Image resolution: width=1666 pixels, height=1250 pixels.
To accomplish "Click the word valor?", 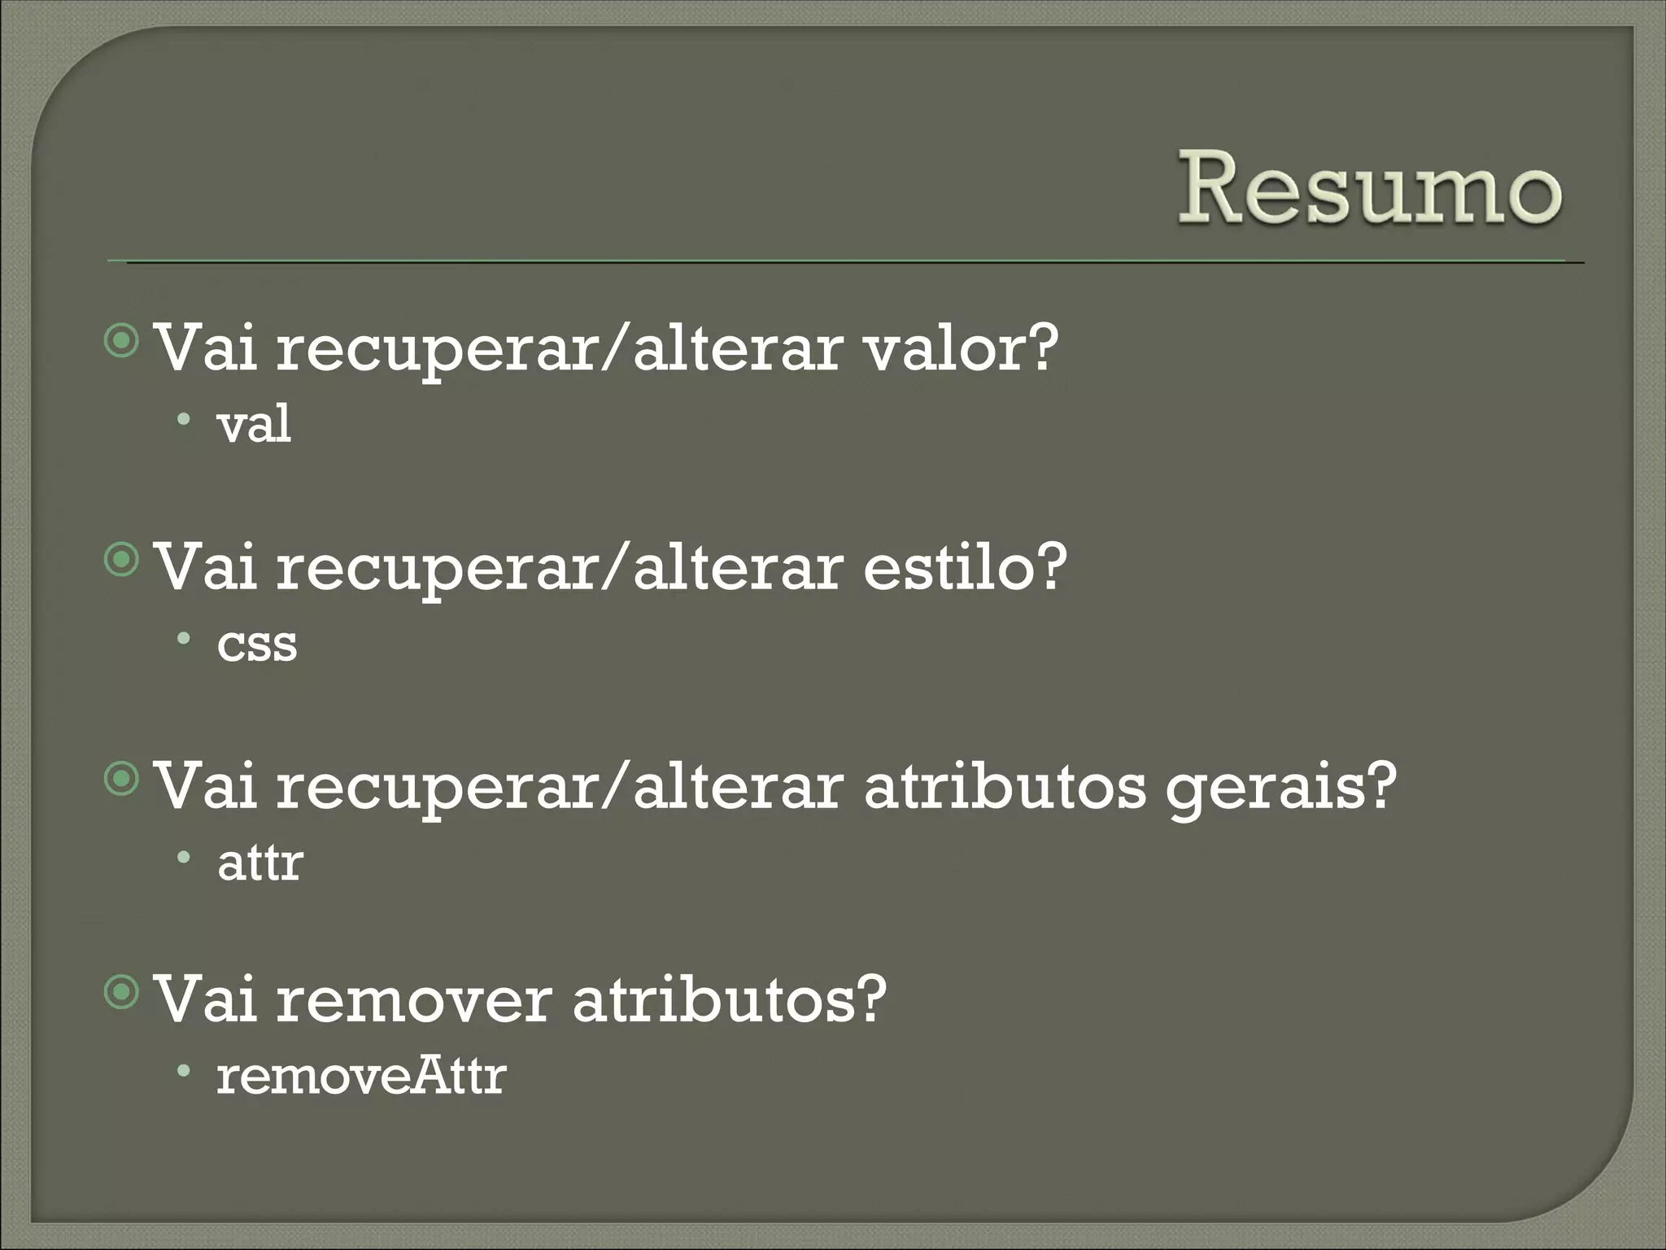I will click(961, 348).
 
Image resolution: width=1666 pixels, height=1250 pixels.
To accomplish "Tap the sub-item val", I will click(254, 424).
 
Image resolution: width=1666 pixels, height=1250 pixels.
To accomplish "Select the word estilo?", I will click(964, 567).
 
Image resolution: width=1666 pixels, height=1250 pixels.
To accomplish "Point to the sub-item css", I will click(257, 644).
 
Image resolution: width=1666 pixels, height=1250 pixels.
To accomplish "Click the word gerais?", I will click(1280, 787).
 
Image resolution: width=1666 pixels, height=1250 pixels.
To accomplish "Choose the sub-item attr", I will click(260, 863).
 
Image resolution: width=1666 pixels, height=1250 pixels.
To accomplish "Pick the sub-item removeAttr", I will click(361, 1076).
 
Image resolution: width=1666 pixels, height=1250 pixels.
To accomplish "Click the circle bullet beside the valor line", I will click(123, 342).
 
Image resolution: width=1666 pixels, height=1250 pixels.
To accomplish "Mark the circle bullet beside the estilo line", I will click(123, 561).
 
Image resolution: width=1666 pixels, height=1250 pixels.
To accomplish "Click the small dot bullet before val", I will click(185, 420).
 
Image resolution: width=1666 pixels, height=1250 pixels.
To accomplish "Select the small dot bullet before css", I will click(185, 639).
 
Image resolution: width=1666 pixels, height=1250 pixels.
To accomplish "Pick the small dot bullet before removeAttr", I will click(185, 1071).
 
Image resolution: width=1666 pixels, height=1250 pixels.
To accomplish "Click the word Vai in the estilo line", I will click(206, 567).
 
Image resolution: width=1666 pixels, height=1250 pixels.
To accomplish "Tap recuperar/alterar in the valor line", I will click(559, 348).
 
